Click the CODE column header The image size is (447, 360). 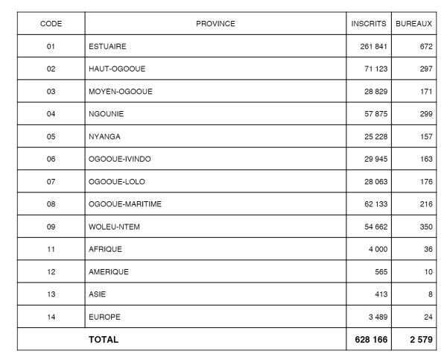51,24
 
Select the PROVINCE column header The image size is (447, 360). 215,24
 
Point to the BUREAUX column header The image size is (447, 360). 414,24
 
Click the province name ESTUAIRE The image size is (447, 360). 107,46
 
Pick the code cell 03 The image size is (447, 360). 51,92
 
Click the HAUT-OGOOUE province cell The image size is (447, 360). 116,69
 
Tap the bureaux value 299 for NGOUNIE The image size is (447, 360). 422,114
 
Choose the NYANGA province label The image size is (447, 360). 104,136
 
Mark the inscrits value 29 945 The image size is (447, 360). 375,160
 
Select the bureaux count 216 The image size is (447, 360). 422,204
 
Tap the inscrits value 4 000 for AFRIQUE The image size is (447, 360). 378,249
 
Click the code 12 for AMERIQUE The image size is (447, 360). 51,272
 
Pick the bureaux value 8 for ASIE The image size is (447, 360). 428,294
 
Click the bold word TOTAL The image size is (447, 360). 104,340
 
